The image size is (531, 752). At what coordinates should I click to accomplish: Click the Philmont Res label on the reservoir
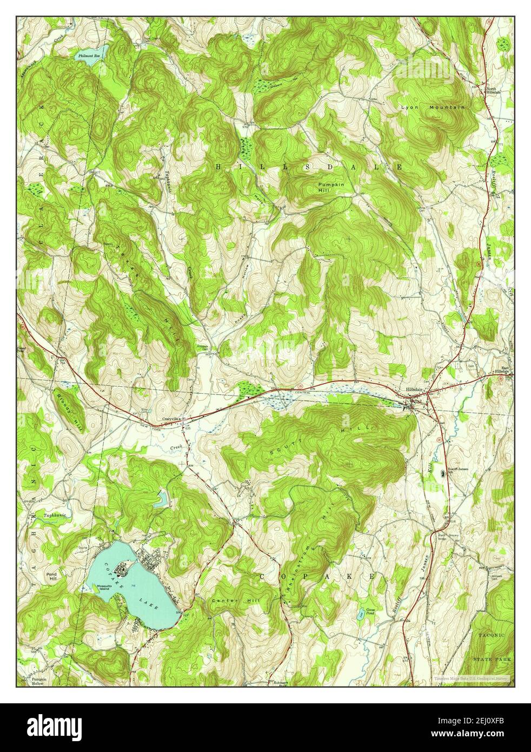89,56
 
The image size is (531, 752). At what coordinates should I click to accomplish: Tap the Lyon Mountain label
433,108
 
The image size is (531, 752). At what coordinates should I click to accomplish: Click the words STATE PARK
492,659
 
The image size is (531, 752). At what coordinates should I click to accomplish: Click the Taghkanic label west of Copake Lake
55,515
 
